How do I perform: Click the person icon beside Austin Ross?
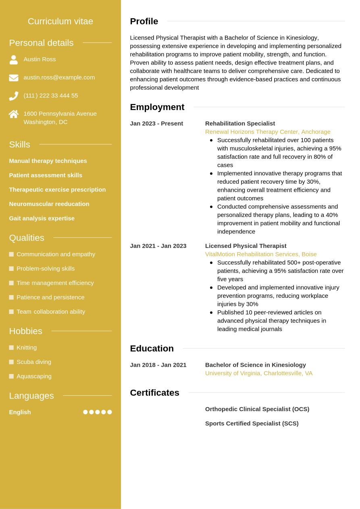pyautogui.click(x=13, y=60)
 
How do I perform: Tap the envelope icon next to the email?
pyautogui.click(x=13, y=78)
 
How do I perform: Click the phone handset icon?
pyautogui.click(x=13, y=96)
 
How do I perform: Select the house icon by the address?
pyautogui.click(x=13, y=114)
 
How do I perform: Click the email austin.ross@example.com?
pyautogui.click(x=59, y=77)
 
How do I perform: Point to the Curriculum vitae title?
pyautogui.click(x=60, y=21)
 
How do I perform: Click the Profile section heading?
pyautogui.click(x=144, y=21)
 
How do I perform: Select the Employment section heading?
pyautogui.click(x=157, y=107)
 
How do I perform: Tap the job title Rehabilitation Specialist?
pyautogui.click(x=240, y=123)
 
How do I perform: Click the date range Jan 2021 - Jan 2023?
pyautogui.click(x=158, y=246)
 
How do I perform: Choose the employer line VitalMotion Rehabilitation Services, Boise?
pyautogui.click(x=261, y=254)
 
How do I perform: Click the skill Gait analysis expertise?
pyautogui.click(x=42, y=218)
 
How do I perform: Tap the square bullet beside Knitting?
pyautogui.click(x=11, y=347)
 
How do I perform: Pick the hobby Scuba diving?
pyautogui.click(x=34, y=361)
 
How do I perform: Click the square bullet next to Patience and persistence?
pyautogui.click(x=11, y=297)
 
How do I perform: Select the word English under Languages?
pyautogui.click(x=20, y=412)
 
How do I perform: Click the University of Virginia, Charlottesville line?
pyautogui.click(x=259, y=373)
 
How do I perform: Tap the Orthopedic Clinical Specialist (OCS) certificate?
pyautogui.click(x=257, y=409)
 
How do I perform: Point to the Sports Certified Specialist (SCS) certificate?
pyautogui.click(x=252, y=423)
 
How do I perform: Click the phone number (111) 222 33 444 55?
pyautogui.click(x=51, y=96)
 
